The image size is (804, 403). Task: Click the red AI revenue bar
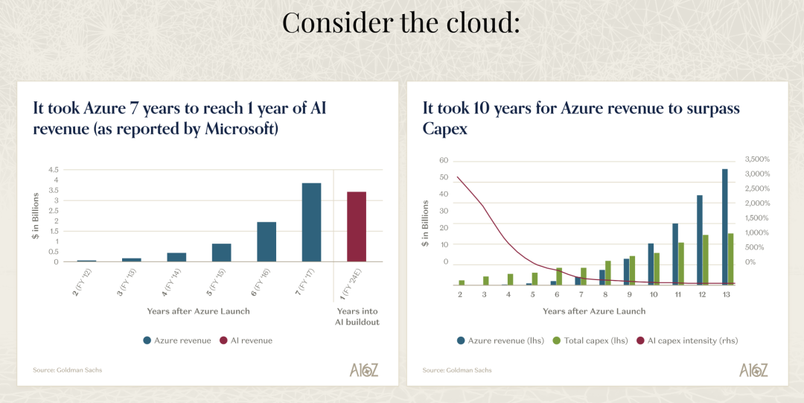click(357, 226)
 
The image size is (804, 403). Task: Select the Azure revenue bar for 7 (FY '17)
click(311, 222)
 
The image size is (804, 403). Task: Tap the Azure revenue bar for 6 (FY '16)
click(267, 242)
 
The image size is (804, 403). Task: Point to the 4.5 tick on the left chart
click(54, 169)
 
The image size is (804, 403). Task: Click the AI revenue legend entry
click(246, 340)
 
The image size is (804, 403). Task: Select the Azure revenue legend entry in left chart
click(177, 340)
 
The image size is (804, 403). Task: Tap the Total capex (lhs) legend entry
click(590, 340)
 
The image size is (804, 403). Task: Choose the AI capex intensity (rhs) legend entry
click(686, 340)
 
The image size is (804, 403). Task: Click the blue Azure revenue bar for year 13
click(724, 226)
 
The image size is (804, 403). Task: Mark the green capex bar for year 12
click(706, 259)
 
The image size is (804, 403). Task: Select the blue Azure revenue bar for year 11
click(675, 253)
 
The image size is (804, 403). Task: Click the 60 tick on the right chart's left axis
click(444, 161)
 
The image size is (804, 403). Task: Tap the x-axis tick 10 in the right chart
click(654, 294)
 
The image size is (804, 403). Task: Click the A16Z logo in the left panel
click(363, 369)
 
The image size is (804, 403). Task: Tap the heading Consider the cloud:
click(401, 22)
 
